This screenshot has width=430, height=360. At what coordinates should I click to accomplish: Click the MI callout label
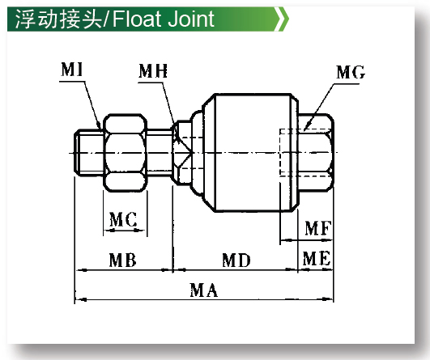tap(72, 70)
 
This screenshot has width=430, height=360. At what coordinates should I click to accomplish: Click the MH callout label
tap(153, 71)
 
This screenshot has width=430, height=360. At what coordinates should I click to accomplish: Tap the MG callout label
tap(351, 72)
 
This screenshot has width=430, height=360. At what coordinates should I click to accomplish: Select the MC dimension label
tap(123, 219)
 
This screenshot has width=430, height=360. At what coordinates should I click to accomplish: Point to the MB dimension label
tap(122, 260)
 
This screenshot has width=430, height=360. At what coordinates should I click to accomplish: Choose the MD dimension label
tap(236, 260)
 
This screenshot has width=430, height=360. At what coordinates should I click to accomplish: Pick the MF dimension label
tap(318, 228)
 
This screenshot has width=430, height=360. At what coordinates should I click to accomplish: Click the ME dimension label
tap(317, 258)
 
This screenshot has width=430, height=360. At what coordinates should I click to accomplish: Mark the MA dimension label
tap(204, 290)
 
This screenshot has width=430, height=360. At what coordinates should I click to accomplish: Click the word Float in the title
tap(136, 19)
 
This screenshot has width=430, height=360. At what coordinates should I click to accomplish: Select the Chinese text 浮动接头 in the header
tap(58, 19)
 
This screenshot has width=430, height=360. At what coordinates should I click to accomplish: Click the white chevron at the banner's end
tap(282, 19)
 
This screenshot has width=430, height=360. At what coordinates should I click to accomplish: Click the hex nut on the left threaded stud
tap(125, 153)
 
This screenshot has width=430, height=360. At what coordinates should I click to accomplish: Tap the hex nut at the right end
tap(315, 152)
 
